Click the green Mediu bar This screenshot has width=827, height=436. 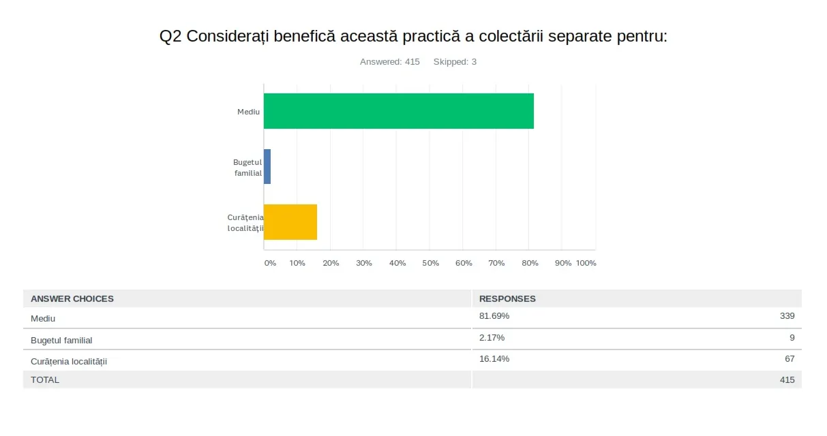point(398,111)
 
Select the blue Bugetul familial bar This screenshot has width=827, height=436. point(267,166)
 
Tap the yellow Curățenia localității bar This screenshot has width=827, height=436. point(290,222)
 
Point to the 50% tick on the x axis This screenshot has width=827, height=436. point(430,263)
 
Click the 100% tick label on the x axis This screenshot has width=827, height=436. point(586,263)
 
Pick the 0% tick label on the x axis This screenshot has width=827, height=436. point(270,263)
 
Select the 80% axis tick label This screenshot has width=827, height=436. point(530,263)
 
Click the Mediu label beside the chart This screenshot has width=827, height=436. point(248,111)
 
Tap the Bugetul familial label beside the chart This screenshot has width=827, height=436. point(247,168)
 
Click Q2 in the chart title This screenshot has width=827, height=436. point(170,37)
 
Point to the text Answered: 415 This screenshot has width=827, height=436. point(390,62)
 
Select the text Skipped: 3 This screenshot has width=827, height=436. point(455,62)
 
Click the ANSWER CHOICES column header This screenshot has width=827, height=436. point(72,298)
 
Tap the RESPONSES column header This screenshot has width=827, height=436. point(507,298)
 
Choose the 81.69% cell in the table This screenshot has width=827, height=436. point(494,316)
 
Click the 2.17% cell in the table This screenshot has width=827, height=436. point(492,337)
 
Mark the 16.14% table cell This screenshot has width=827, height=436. point(494,358)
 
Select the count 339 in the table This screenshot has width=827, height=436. point(787,316)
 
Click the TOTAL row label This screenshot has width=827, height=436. point(45,379)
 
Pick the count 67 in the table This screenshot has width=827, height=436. point(790,358)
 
